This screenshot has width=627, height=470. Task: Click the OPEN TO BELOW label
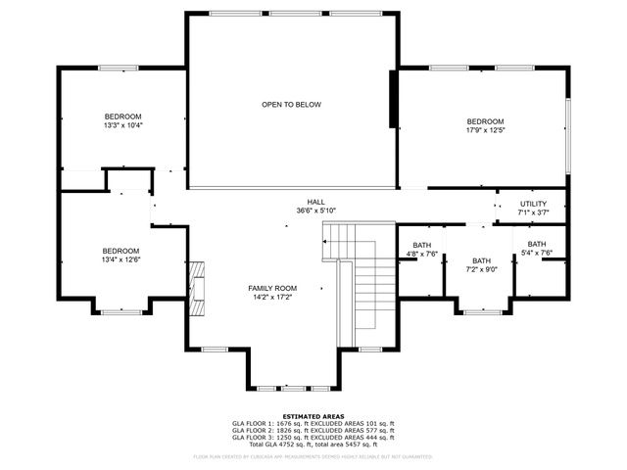(291, 105)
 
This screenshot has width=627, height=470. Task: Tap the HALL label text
(315, 202)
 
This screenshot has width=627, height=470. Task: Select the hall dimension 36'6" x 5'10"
(315, 211)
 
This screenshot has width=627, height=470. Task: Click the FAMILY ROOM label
(271, 288)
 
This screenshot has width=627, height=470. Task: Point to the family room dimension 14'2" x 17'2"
(271, 297)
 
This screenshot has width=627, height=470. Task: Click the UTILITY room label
(534, 204)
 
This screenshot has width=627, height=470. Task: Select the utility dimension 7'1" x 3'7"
(534, 212)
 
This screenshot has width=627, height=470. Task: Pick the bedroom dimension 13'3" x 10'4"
(122, 125)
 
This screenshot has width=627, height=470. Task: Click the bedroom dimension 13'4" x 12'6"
(121, 259)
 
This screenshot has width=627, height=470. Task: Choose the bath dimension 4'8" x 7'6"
(421, 254)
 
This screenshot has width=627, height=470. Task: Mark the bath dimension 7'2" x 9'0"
(481, 269)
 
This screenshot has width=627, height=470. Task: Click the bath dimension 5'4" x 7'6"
(537, 253)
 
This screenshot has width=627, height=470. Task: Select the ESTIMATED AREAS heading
(313, 415)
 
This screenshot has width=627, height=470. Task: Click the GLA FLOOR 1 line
(313, 423)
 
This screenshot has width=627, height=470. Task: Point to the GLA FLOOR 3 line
(313, 437)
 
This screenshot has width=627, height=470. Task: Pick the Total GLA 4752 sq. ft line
(313, 444)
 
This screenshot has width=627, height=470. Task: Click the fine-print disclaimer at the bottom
(313, 456)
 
